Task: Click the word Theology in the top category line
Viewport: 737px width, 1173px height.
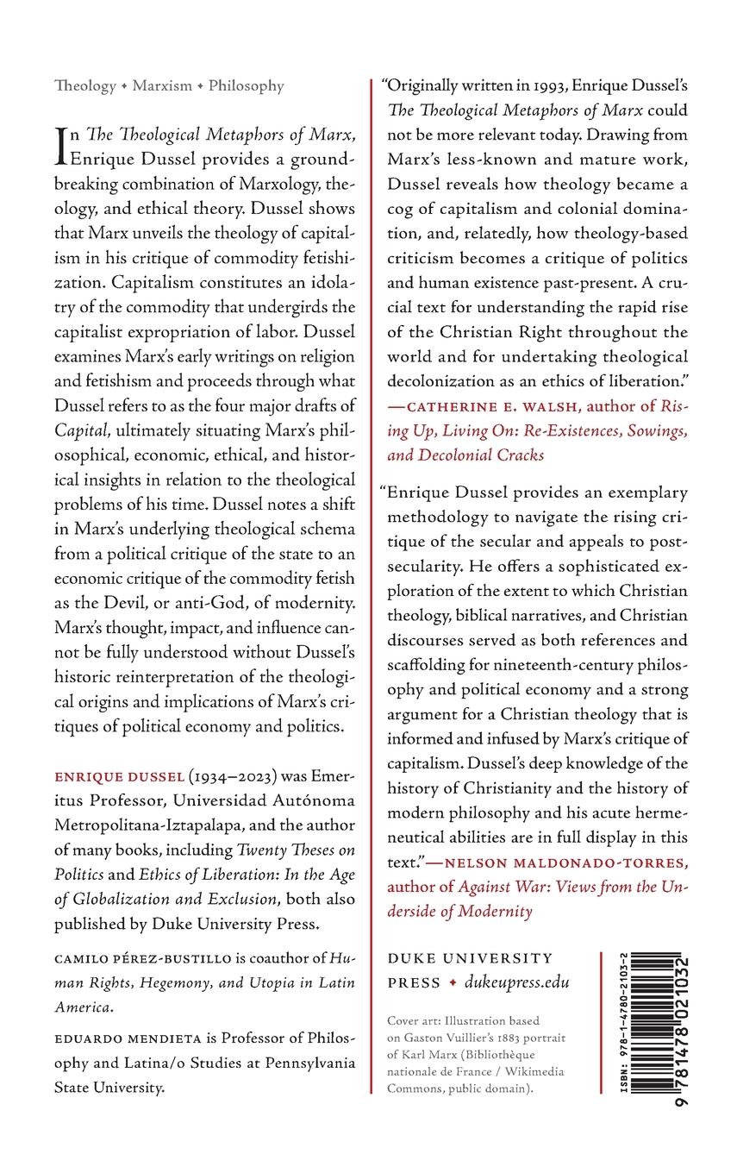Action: (84, 86)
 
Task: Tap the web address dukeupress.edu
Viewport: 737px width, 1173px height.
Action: (516, 982)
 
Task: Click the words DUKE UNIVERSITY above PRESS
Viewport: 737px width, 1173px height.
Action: (470, 958)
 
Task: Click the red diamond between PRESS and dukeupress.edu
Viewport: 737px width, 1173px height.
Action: (452, 983)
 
